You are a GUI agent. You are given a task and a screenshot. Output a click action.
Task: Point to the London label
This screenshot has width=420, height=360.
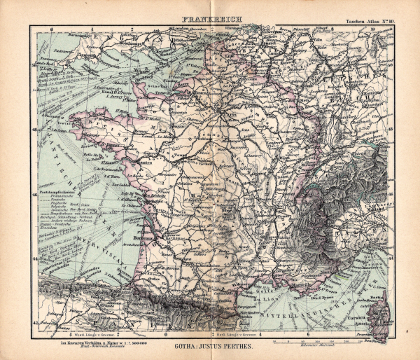click(x=171, y=29)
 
